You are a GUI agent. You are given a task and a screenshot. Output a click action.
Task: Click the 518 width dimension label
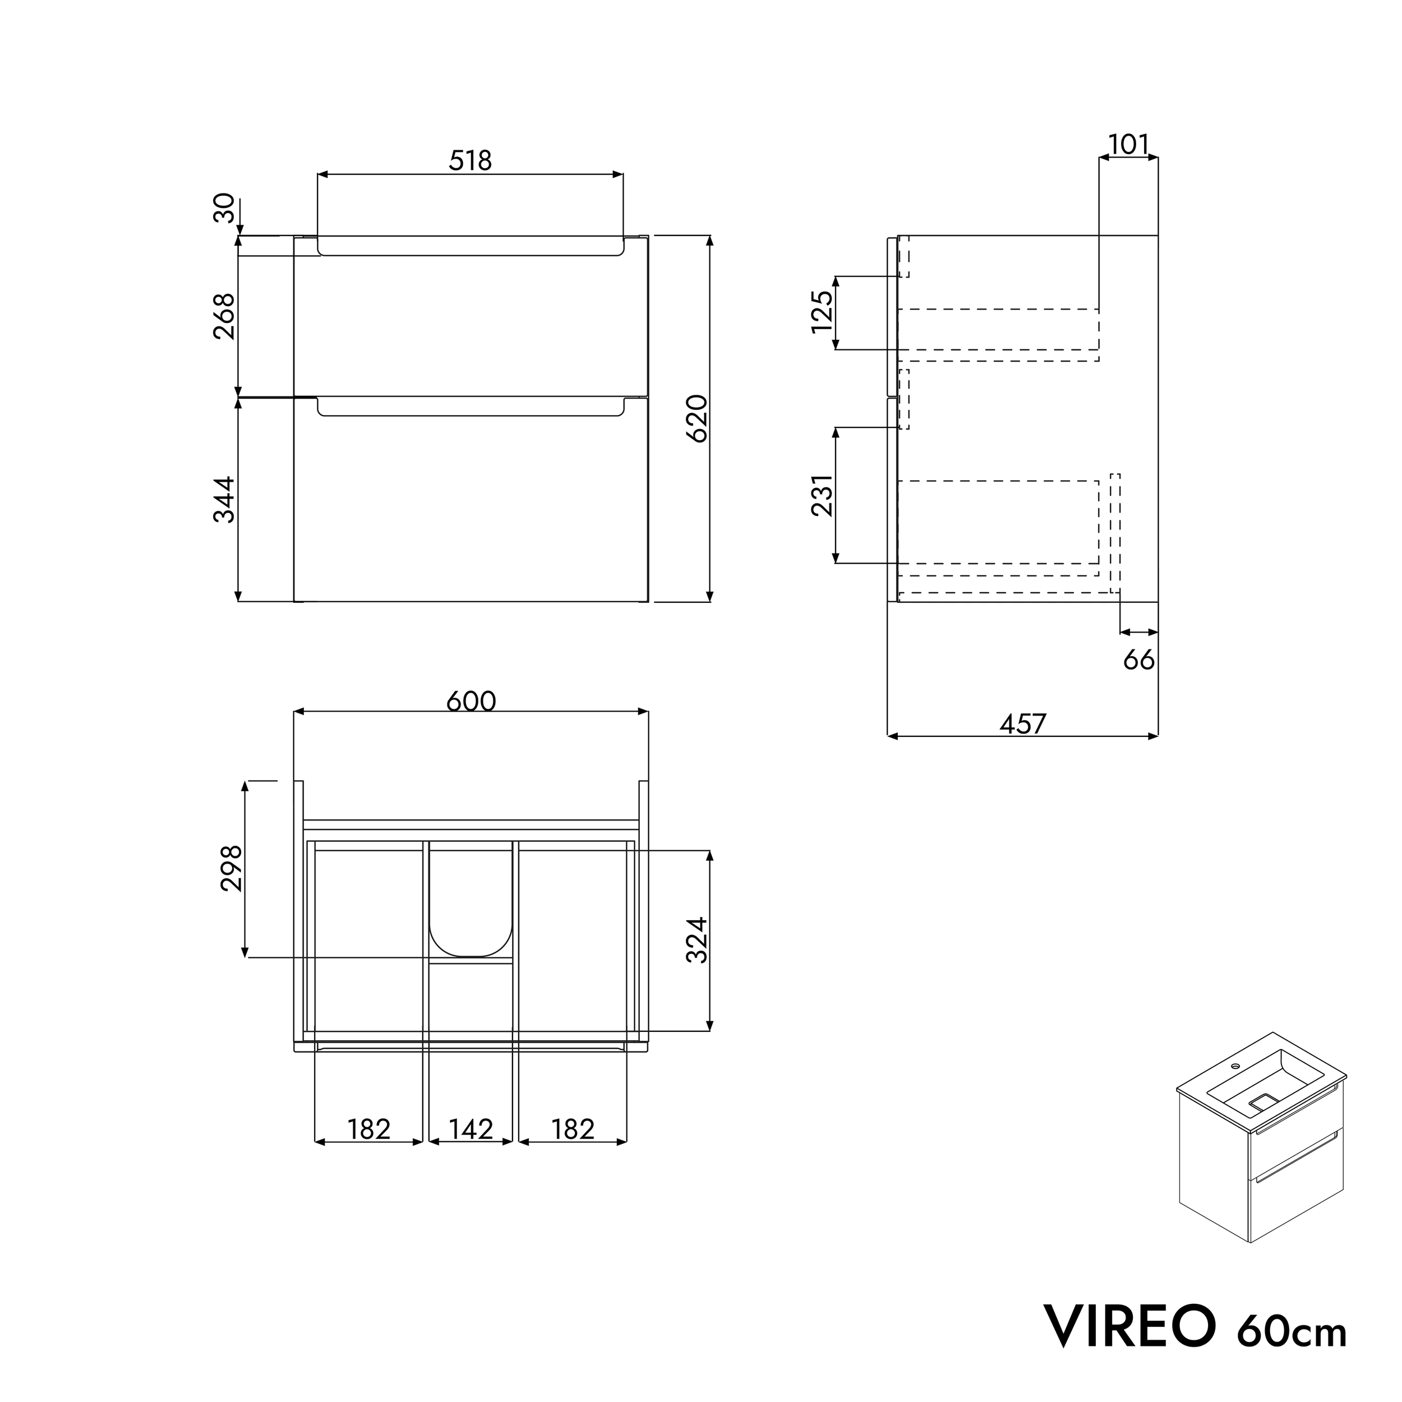tap(471, 160)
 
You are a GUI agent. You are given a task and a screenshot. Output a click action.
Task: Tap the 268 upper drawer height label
tap(224, 316)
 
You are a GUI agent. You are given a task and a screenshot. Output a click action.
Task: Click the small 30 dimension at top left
tap(224, 208)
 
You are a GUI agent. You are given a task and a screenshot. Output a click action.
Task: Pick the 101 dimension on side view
tap(1128, 145)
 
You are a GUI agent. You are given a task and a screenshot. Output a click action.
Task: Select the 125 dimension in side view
tap(822, 312)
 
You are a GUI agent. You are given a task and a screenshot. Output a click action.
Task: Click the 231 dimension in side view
tap(822, 496)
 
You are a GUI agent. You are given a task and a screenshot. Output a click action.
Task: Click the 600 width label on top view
tap(471, 701)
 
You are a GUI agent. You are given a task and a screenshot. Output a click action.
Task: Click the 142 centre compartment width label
tap(471, 1129)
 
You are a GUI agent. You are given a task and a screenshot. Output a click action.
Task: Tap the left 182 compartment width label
tap(368, 1129)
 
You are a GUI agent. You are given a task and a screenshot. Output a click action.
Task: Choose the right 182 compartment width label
tap(573, 1129)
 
